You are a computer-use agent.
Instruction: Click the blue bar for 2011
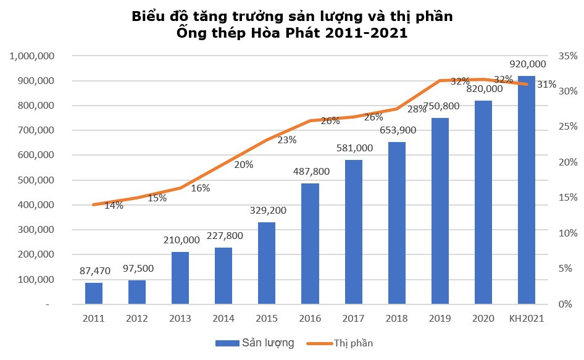point(94,293)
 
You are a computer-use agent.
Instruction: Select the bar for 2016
point(310,244)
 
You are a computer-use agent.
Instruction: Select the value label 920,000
point(527,64)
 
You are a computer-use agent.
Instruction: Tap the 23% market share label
point(286,140)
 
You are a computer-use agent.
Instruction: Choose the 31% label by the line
point(546,85)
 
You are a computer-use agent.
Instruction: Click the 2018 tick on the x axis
point(396,318)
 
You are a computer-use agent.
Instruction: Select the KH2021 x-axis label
point(527,318)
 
